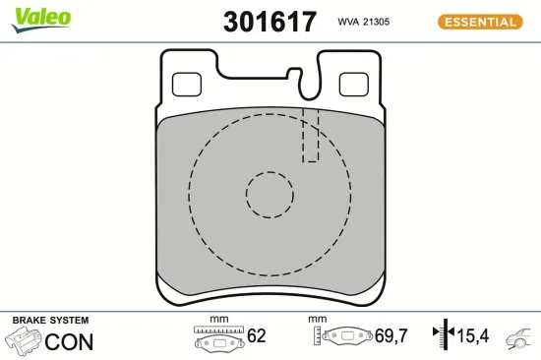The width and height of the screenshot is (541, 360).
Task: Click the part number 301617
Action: click(270, 22)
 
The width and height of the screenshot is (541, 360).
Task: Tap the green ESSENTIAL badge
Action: click(479, 22)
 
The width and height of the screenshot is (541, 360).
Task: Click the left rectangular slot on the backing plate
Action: click(186, 86)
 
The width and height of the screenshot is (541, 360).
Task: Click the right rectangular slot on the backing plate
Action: click(353, 86)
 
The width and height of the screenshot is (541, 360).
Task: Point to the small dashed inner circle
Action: click(270, 195)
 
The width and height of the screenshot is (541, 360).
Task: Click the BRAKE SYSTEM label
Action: click(49, 321)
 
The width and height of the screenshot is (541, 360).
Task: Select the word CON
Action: click(71, 342)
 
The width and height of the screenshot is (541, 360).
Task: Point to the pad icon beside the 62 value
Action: click(219, 340)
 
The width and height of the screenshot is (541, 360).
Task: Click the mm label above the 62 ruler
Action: click(218, 320)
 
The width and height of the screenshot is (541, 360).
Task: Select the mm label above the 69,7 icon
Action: click(317, 320)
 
